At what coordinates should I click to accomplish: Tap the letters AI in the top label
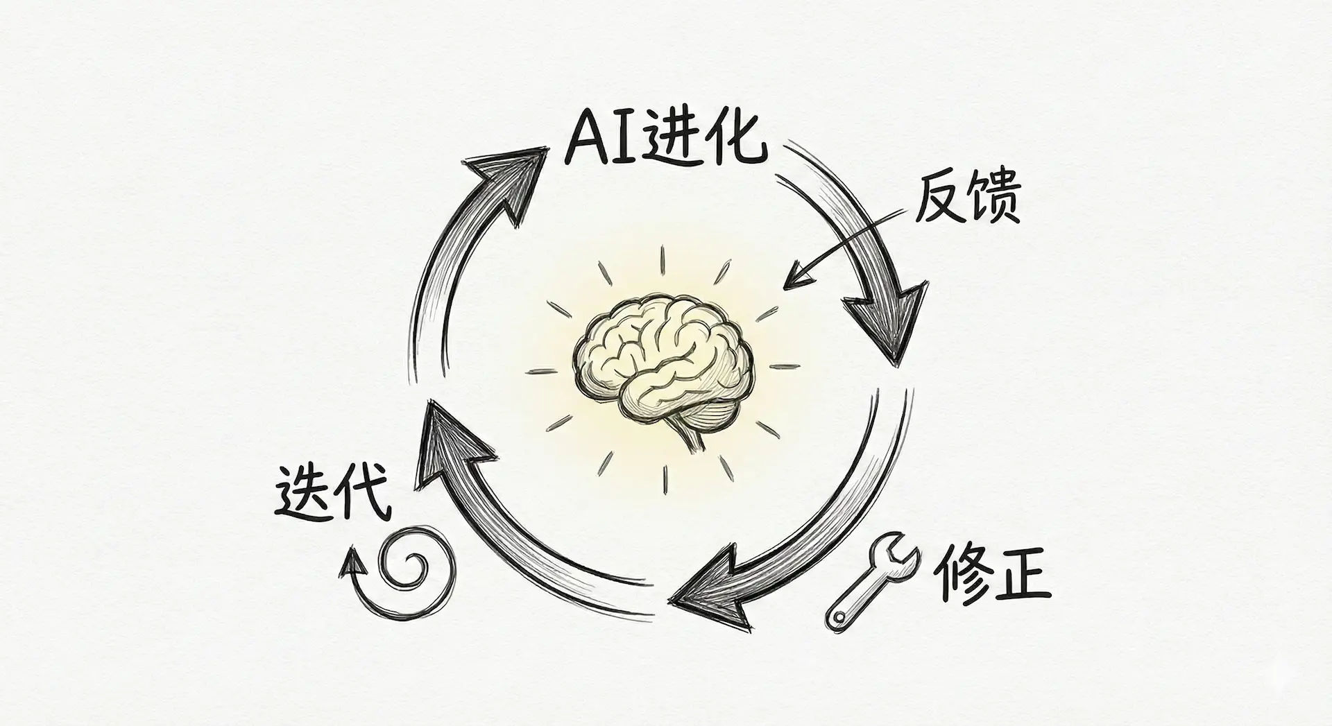[601, 142]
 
